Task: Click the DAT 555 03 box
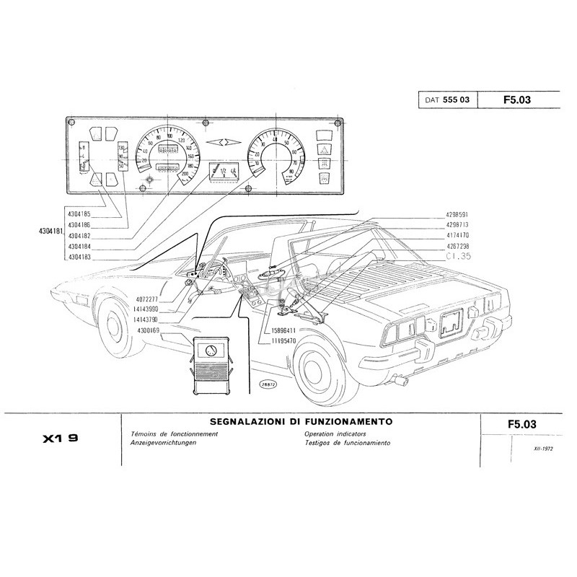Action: (x=446, y=100)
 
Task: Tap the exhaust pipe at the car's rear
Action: (x=397, y=380)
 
